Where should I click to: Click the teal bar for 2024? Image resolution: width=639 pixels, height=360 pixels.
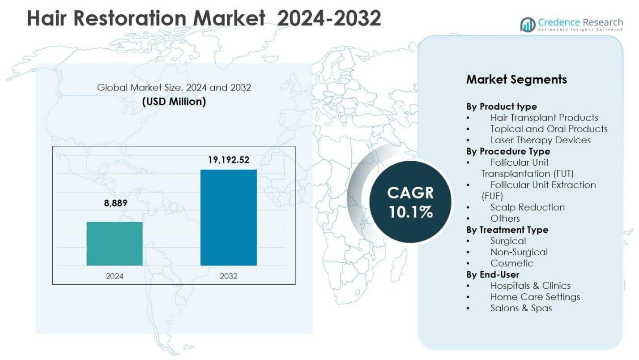click(x=115, y=244)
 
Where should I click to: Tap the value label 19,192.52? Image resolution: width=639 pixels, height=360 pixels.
click(x=228, y=160)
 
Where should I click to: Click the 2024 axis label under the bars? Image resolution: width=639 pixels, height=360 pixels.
click(x=115, y=276)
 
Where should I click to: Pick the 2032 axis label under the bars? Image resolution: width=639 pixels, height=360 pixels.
click(x=228, y=276)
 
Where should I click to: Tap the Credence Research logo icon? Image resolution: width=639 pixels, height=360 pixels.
click(x=528, y=24)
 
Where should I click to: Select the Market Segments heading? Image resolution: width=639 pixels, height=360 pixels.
click(x=516, y=79)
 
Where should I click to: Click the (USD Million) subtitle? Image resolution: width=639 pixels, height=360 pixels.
click(x=174, y=102)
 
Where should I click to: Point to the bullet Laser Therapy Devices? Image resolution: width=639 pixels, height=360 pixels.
click(x=540, y=140)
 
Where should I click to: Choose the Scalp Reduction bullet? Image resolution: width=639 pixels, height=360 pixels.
click(x=527, y=207)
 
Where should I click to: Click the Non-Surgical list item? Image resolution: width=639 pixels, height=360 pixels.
click(x=519, y=252)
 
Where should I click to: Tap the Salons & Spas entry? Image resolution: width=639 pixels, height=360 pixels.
click(x=521, y=308)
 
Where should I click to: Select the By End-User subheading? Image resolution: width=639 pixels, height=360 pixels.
click(x=493, y=274)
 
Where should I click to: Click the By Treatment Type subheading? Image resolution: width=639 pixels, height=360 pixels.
click(x=507, y=230)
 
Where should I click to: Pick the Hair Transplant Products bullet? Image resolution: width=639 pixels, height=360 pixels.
click(x=544, y=118)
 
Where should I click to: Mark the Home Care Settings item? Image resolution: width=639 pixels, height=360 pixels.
click(x=535, y=297)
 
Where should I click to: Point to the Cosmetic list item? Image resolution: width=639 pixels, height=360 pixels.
click(x=511, y=263)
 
